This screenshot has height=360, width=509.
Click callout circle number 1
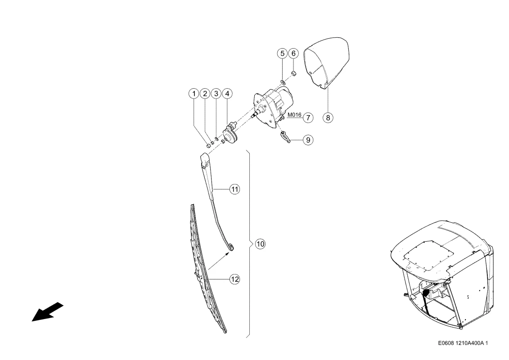194,94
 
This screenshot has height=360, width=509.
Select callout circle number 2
205,94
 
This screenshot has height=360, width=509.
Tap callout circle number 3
216,94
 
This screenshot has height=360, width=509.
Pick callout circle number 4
227,94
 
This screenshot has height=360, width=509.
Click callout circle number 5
283,53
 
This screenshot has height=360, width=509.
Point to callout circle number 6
293,53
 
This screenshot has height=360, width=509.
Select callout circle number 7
308,117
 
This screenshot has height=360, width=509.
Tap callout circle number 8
328,117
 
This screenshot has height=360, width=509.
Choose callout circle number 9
308,140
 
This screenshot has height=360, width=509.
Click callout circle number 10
260,244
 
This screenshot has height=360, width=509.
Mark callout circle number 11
235,189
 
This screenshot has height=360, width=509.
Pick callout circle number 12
235,279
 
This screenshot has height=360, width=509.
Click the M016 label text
294,115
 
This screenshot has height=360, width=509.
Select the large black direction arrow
47,312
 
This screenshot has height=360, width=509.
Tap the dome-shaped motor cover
327,63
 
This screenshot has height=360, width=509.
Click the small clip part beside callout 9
284,136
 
